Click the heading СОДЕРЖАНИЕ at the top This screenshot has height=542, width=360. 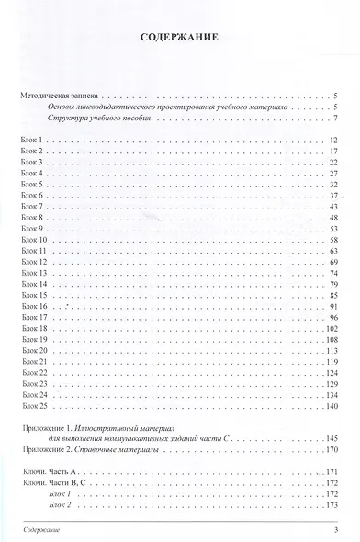coord(180,40)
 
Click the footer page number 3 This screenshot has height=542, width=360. coord(337,531)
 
